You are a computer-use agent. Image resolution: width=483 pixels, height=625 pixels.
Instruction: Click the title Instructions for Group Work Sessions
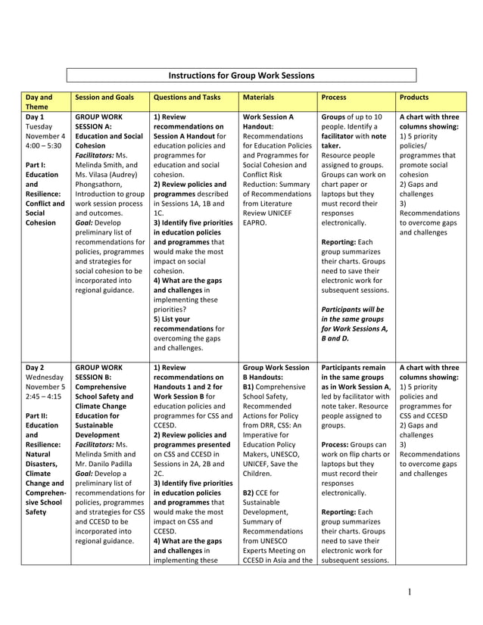click(241, 76)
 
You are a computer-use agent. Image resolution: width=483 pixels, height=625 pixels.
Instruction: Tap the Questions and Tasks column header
click(187, 98)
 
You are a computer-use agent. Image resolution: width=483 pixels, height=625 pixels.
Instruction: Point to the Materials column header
click(259, 98)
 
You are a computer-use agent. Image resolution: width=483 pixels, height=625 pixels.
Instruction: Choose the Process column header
click(334, 98)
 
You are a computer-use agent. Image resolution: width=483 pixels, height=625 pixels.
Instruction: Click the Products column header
click(414, 98)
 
